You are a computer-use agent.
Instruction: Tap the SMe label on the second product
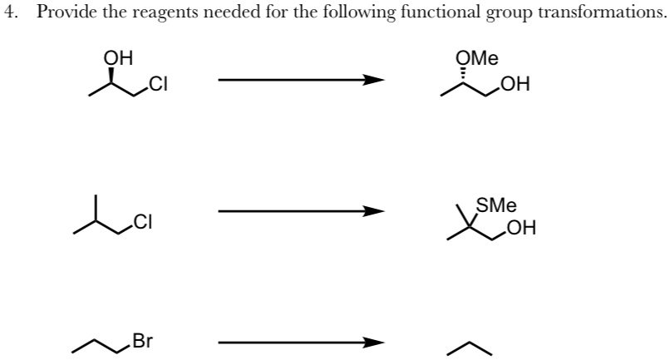click(x=496, y=205)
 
